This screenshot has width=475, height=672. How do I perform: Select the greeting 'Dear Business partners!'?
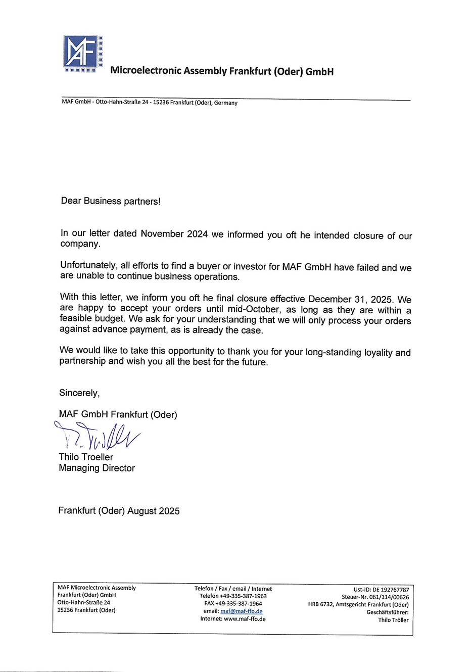111,201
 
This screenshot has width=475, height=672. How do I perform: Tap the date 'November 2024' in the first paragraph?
174,234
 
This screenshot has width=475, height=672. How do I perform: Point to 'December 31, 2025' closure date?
350,299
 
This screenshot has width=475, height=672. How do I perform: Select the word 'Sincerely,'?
79,393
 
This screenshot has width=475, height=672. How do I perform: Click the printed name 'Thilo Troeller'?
86,457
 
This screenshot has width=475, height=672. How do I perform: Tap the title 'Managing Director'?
97,468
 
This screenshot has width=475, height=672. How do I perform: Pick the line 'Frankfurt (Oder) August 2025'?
119,511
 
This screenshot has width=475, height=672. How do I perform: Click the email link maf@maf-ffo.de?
242,611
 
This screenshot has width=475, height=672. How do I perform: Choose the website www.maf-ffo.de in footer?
245,619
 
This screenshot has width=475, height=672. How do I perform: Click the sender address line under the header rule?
149,103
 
